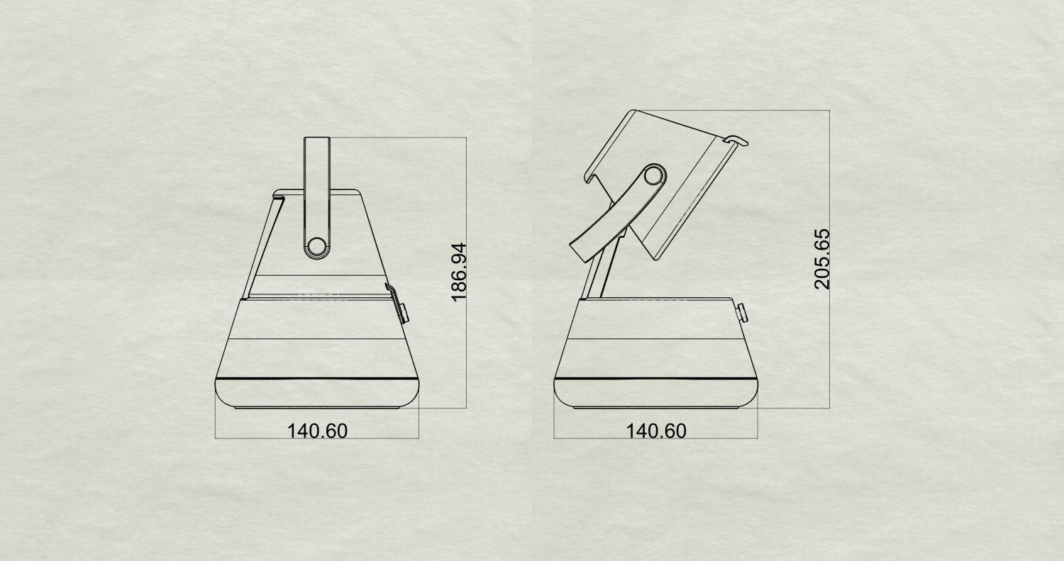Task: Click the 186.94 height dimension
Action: tap(460, 272)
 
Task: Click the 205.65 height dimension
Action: tap(821, 260)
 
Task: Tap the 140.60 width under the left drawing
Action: tap(317, 431)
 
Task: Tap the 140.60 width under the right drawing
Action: tap(656, 431)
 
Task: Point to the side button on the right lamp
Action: tap(741, 314)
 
